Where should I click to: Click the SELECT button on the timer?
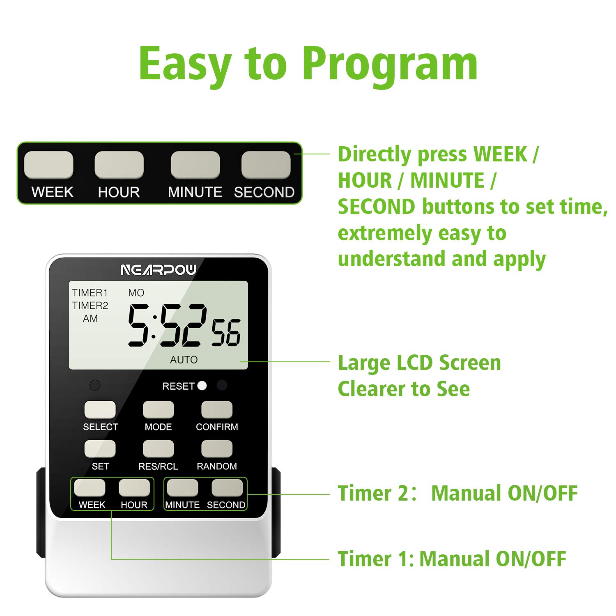pyautogui.click(x=100, y=409)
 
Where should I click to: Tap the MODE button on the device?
pyautogui.click(x=158, y=409)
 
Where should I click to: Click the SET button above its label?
pyautogui.click(x=100, y=449)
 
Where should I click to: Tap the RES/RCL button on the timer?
pyautogui.click(x=158, y=449)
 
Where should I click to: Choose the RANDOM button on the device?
pyautogui.click(x=217, y=449)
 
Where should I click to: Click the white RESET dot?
pyautogui.click(x=202, y=386)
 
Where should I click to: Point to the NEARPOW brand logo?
pyautogui.click(x=159, y=270)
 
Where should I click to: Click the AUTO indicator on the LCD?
pyautogui.click(x=184, y=360)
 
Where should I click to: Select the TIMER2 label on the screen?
pyautogui.click(x=90, y=306)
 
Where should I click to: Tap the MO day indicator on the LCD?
pyautogui.click(x=136, y=293)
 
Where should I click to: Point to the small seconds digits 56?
pyautogui.click(x=226, y=333)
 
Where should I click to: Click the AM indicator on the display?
pyautogui.click(x=90, y=319)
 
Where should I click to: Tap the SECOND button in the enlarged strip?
pyautogui.click(x=266, y=165)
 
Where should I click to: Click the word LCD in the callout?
pyautogui.click(x=414, y=363)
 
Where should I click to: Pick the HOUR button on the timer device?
pyautogui.click(x=134, y=488)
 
